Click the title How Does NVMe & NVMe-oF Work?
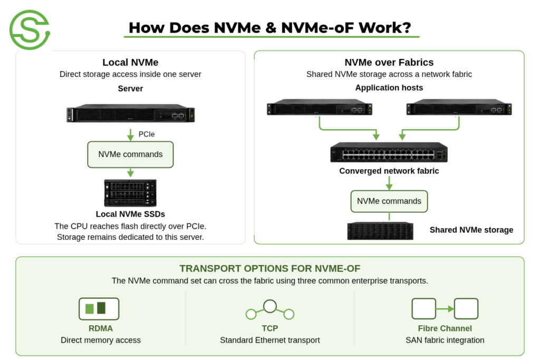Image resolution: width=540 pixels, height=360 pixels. click(270, 27)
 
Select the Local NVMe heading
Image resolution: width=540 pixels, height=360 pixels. click(130, 62)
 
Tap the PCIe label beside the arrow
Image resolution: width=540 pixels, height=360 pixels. click(147, 134)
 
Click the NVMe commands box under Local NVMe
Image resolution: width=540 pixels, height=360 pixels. click(130, 154)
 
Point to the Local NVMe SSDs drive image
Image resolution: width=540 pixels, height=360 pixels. click(130, 193)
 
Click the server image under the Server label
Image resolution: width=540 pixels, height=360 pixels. click(130, 113)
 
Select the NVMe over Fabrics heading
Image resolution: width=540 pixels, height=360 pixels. click(389, 62)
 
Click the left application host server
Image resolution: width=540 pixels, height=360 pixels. click(320, 107)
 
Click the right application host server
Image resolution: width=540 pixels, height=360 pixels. click(459, 107)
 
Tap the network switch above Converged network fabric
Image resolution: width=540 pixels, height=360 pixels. click(389, 152)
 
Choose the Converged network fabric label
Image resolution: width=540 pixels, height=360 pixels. click(389, 171)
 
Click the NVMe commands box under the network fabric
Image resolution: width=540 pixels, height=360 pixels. click(389, 201)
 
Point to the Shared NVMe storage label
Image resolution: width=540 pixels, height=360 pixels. click(471, 230)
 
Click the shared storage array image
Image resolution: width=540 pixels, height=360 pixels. click(380, 230)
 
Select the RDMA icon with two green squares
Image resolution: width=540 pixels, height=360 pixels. click(99, 309)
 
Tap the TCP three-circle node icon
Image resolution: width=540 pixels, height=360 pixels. click(270, 310)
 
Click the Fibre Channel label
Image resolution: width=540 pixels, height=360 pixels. click(445, 328)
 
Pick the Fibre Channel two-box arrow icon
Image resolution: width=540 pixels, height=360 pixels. click(445, 309)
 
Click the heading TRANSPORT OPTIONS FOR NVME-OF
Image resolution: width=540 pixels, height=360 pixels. click(270, 268)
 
